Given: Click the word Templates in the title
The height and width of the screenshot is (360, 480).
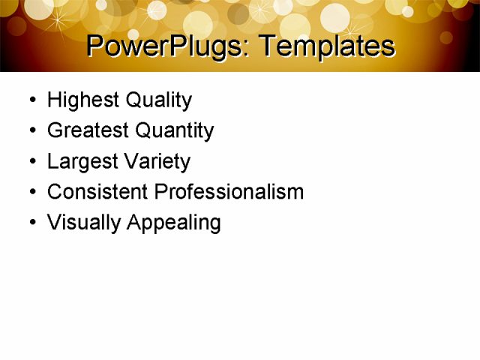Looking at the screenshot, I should coord(325,46).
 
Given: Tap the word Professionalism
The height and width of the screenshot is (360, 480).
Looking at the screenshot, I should coord(229,192).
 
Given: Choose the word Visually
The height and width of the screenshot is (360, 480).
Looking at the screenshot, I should coord(84,223).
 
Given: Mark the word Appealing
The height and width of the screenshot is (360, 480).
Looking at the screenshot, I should coord(174,223).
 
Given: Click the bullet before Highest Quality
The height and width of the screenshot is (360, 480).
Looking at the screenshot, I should coord(31,100).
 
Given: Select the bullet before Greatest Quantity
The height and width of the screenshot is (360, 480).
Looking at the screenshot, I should coord(31,131).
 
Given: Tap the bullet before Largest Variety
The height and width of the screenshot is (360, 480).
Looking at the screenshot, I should coord(31,162).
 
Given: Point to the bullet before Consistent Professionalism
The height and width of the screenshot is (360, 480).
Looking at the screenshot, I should coord(31,193).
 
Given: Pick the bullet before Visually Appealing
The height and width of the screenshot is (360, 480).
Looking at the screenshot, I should coord(31,223).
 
